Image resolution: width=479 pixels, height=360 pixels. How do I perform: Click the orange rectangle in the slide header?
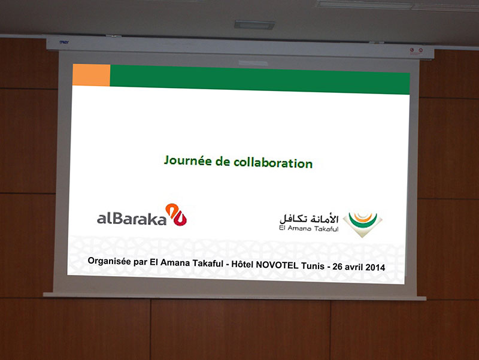coord(92,75)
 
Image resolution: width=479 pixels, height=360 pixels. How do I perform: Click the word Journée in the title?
coord(188,161)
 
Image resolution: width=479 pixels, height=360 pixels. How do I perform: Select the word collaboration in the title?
coord(273,162)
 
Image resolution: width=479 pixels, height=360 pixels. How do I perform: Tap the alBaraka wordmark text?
coord(132,218)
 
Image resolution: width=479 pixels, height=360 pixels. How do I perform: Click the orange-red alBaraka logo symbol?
coord(176,214)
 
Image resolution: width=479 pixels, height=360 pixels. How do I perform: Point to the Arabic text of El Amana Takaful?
coord(309,219)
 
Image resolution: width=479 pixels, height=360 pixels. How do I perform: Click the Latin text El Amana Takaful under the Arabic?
coord(308,228)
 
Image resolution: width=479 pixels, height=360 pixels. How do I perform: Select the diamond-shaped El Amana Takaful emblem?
coord(363,224)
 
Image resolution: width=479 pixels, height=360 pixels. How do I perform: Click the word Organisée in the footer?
coord(110,261)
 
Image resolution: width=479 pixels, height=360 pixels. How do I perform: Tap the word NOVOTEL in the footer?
coord(277,265)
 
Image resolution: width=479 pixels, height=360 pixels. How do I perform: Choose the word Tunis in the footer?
coord(313,265)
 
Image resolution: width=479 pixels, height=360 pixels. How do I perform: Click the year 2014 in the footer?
coord(375,267)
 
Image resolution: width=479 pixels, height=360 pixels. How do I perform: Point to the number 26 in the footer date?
coord(337,267)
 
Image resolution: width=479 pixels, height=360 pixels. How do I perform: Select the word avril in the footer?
coord(354,267)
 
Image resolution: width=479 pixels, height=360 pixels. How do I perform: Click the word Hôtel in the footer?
coord(242,264)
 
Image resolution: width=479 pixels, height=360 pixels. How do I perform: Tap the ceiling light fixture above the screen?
coord(254,25)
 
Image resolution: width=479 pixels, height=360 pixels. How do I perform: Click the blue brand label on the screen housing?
coord(64,42)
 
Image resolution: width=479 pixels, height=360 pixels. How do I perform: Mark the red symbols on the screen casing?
coord(416,50)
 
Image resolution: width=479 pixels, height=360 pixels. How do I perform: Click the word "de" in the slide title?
coord(223,161)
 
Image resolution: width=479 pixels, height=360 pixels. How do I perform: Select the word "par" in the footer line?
coord(140,262)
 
